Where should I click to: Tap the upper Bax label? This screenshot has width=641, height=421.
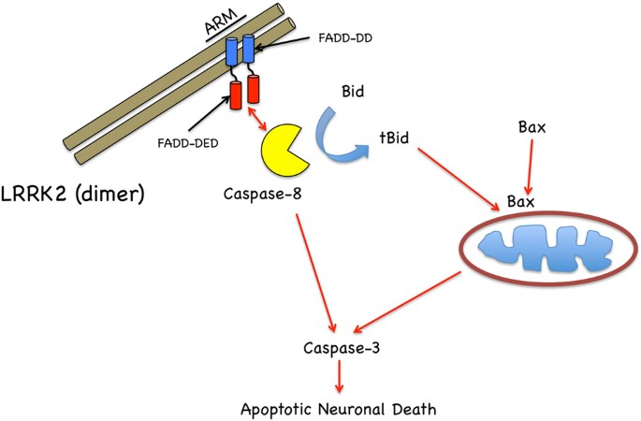531,124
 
